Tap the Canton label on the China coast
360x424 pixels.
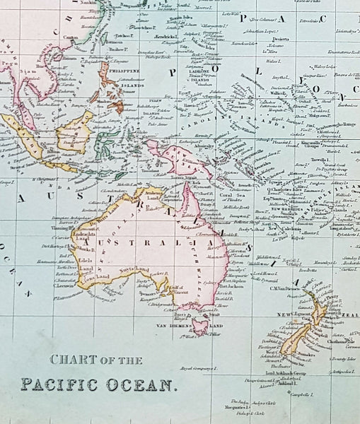pyautogui.click(x=71, y=37)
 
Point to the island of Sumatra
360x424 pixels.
pyautogui.click(x=28, y=135)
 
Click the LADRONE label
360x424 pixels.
pyautogui.click(x=202, y=72)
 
